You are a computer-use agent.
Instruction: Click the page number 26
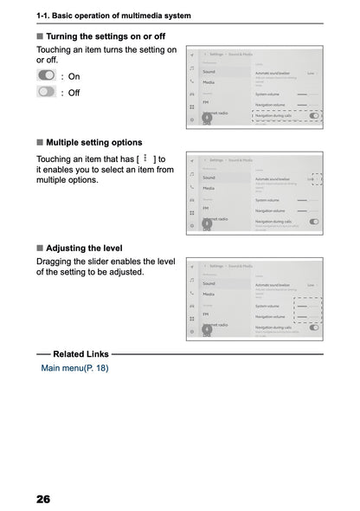point(43,499)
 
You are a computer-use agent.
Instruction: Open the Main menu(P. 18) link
point(74,368)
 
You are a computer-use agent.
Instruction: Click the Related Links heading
point(80,354)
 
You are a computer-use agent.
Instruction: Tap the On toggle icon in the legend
point(46,76)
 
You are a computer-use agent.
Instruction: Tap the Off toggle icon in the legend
point(46,92)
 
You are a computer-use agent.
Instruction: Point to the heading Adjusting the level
point(89,247)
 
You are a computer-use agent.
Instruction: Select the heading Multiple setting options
point(93,142)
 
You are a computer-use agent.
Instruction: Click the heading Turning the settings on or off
point(105,36)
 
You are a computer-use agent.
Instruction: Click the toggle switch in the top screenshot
point(313,115)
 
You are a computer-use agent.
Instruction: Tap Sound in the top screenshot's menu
point(209,71)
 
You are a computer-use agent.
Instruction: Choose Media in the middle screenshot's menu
point(209,188)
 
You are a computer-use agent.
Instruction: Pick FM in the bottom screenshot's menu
point(206,314)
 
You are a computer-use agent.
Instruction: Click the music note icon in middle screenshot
point(191,173)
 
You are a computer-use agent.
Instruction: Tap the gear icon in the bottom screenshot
point(191,332)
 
